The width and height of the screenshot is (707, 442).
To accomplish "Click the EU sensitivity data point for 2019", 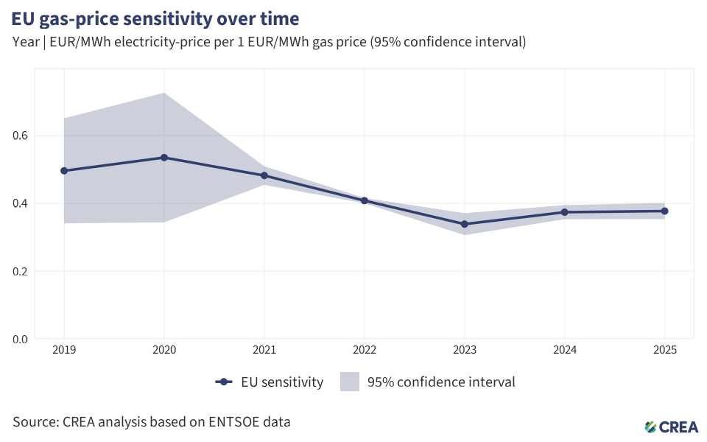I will (x=64, y=171).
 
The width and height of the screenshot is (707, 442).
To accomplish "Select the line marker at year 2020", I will (x=164, y=158).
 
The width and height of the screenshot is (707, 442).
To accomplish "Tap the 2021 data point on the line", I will (x=264, y=175).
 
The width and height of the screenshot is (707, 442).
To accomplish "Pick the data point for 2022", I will (x=365, y=200).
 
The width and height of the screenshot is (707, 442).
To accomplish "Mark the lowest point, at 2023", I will (x=465, y=224).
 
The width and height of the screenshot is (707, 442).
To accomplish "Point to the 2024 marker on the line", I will (x=565, y=212).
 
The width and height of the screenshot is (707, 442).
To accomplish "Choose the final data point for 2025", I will (x=665, y=211).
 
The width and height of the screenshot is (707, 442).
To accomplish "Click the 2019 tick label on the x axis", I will (x=64, y=351).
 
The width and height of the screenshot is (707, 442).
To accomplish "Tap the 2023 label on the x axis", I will (x=465, y=351).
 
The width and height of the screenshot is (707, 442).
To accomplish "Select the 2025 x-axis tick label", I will (x=665, y=351).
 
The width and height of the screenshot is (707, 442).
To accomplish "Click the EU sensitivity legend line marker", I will (x=225, y=382).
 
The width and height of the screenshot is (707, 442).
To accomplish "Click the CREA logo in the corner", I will (x=672, y=426).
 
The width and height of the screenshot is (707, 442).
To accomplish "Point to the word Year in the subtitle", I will (x=25, y=41).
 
